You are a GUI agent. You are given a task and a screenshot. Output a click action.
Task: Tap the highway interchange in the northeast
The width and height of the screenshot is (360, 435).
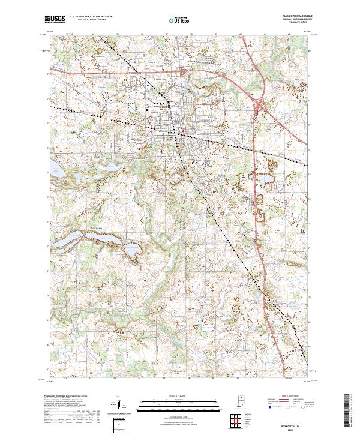pos(259,106)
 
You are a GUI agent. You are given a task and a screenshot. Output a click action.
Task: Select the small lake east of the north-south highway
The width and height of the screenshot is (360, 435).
pos(265,178)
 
